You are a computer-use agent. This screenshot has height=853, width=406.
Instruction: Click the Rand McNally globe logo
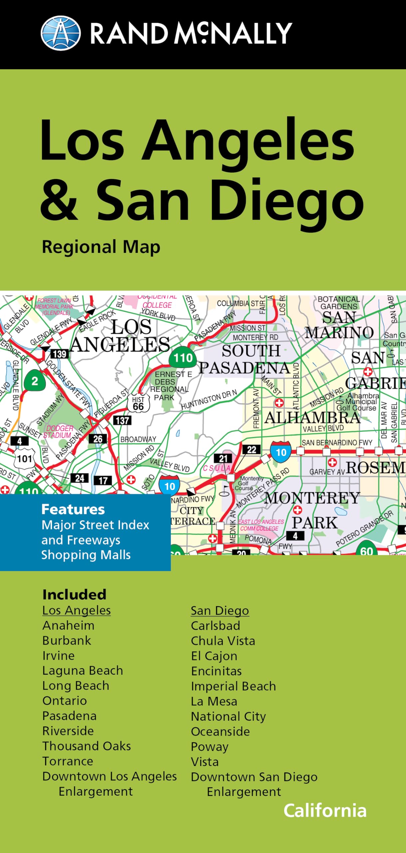[60, 33]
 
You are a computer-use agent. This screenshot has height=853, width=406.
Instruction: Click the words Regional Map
[101, 247]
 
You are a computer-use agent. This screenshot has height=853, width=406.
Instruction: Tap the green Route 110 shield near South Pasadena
[183, 358]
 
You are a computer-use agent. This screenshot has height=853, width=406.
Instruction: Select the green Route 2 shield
[35, 381]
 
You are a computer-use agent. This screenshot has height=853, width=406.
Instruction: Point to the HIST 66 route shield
[138, 403]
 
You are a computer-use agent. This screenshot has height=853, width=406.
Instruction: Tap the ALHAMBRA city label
[312, 418]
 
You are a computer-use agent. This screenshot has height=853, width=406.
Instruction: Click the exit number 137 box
[122, 421]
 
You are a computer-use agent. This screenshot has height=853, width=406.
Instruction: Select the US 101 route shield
[25, 459]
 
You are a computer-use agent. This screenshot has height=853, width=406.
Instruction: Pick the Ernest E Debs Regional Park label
[169, 386]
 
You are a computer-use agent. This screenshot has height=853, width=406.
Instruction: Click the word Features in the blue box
[73, 509]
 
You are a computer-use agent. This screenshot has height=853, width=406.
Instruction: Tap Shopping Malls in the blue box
[86, 555]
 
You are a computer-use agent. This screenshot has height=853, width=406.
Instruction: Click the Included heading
[74, 594]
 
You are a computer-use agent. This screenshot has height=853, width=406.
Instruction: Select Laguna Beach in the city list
[83, 670]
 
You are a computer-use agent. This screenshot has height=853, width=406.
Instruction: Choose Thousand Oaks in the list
[87, 746]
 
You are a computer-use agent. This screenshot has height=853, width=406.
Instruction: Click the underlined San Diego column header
[220, 610]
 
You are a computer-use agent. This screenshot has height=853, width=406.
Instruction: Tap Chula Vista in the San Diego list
[223, 641]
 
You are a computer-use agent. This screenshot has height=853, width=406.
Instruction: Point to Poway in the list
[209, 747]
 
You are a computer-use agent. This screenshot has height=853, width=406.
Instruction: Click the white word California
[325, 810]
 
